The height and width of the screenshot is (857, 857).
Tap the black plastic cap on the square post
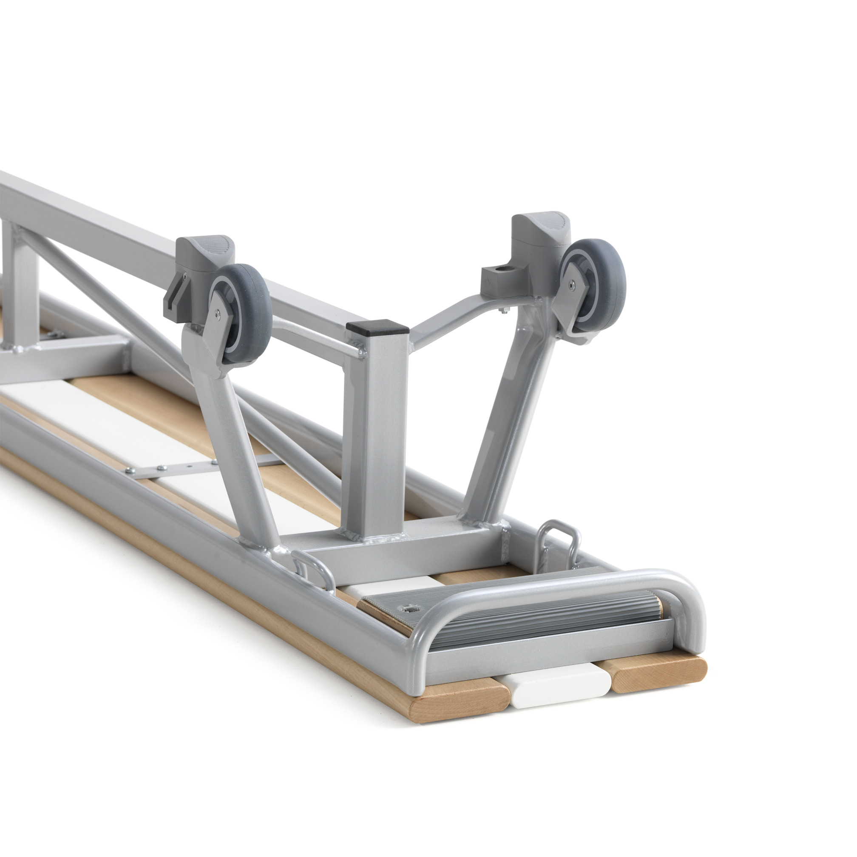pyautogui.click(x=377, y=328)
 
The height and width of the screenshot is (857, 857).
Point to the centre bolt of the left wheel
pyautogui.click(x=216, y=314)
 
